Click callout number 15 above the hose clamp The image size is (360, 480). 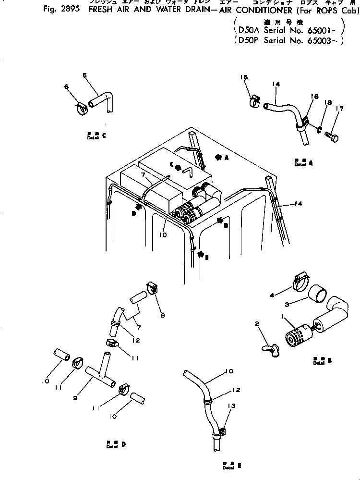(x=243, y=77)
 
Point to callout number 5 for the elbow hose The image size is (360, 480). (x=84, y=75)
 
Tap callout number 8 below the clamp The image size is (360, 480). (x=163, y=316)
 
